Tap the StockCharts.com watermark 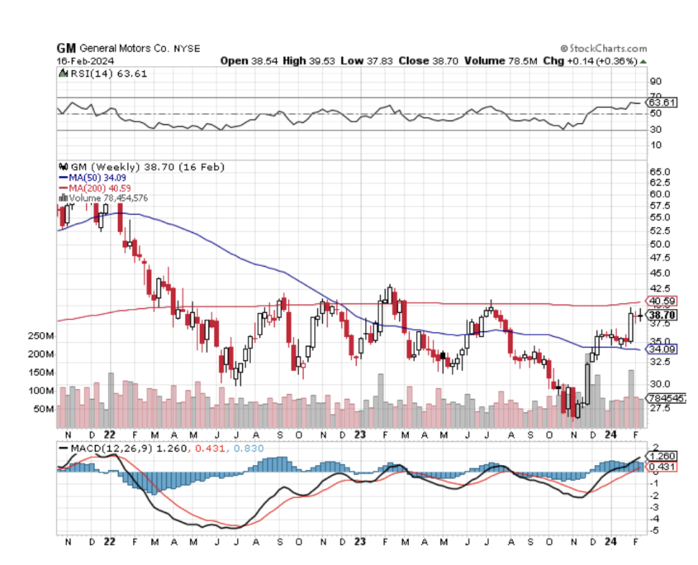pos(605,49)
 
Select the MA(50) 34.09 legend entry pos(89,177)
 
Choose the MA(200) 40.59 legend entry pos(92,188)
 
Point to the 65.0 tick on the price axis pos(659,172)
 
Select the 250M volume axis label pos(41,336)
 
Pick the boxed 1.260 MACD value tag pos(662,455)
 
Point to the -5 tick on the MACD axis pos(654,529)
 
